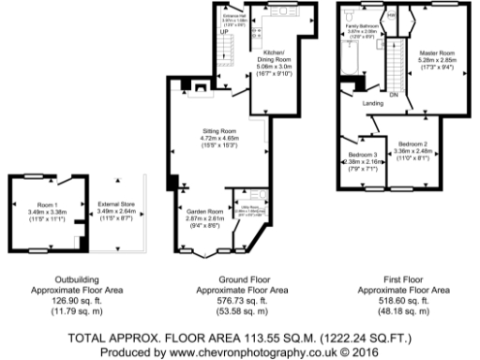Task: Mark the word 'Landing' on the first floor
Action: pyautogui.click(x=372, y=103)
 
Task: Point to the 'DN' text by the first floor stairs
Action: pyautogui.click(x=395, y=95)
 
